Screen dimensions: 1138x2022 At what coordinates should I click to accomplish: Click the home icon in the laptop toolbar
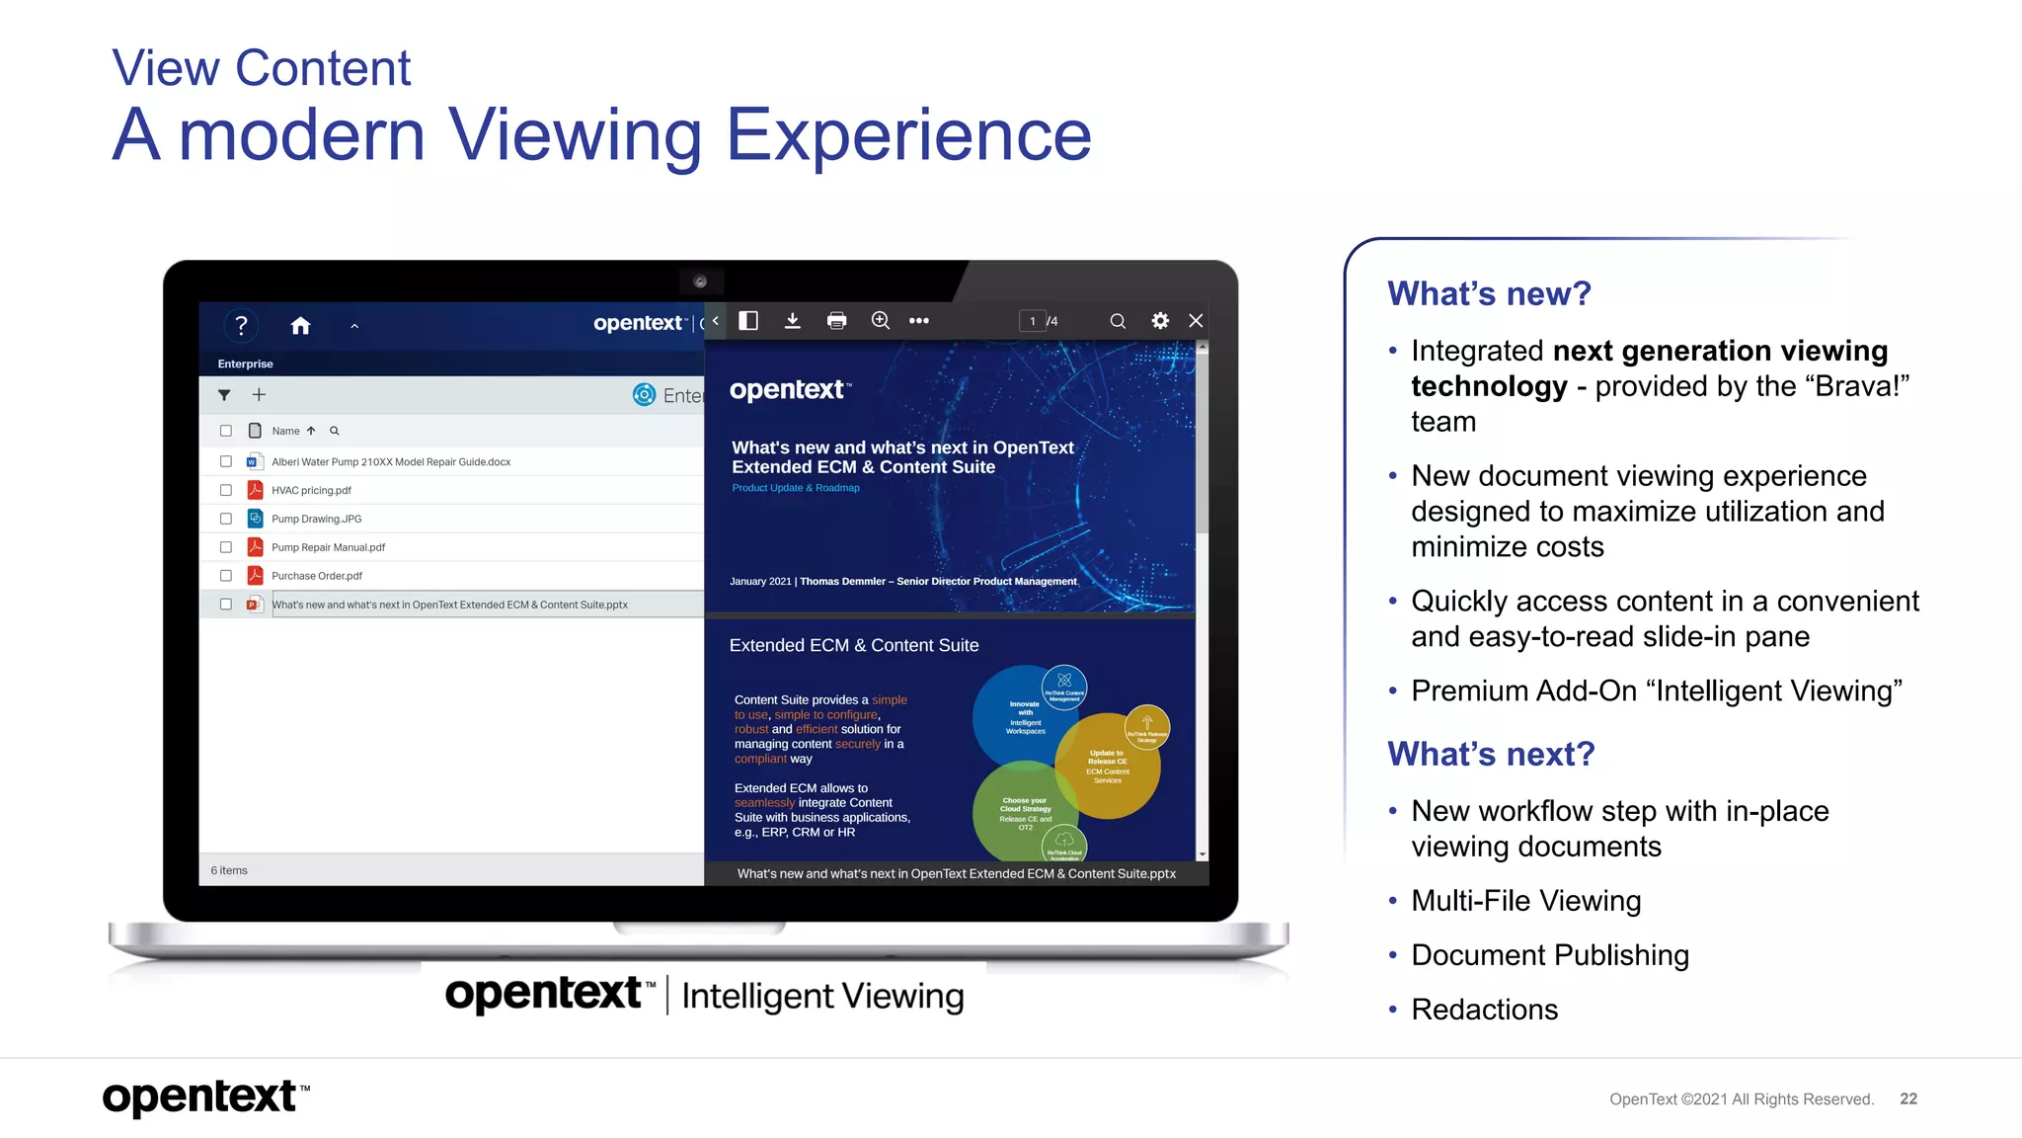[x=301, y=326]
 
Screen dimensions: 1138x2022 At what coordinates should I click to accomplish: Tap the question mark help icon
[x=241, y=326]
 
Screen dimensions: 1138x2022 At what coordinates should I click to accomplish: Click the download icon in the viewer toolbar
[x=792, y=321]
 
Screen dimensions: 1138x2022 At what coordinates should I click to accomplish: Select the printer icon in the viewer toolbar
[x=836, y=321]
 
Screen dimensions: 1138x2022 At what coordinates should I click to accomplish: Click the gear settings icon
[x=1160, y=321]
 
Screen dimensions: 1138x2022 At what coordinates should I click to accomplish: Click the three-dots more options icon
[x=918, y=321]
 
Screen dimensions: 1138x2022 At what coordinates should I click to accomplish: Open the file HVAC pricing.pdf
[x=311, y=491]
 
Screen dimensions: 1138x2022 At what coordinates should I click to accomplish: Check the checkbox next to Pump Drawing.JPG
[x=226, y=519]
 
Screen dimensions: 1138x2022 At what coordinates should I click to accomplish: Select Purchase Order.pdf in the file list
[x=317, y=576]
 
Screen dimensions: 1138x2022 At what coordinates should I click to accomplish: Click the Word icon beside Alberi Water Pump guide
[x=254, y=461]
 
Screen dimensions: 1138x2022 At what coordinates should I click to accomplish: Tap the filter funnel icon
[x=224, y=395]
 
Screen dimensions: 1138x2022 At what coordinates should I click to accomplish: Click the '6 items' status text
[x=229, y=870]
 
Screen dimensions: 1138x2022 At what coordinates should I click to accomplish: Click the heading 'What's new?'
[x=1489, y=293]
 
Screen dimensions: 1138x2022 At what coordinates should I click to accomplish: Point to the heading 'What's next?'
[x=1491, y=754]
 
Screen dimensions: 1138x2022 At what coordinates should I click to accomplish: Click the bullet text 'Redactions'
[x=1484, y=1010]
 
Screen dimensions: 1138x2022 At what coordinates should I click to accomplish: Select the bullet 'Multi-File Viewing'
[x=1525, y=901]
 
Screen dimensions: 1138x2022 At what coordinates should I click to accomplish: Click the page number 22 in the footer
[x=1908, y=1098]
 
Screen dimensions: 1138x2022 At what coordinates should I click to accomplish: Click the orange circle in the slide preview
[x=1108, y=766]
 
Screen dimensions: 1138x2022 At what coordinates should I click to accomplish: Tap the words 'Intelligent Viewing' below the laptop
[x=822, y=996]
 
